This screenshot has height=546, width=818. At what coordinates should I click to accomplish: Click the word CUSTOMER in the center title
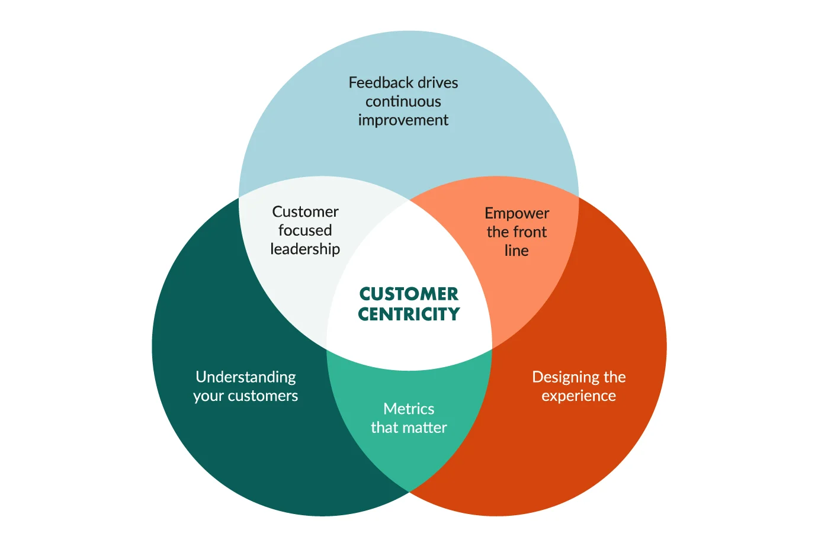tap(409, 294)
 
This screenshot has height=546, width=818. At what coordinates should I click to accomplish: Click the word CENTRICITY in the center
tap(409, 314)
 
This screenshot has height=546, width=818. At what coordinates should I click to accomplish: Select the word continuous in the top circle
tap(403, 102)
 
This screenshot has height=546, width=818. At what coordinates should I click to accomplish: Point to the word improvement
tap(403, 120)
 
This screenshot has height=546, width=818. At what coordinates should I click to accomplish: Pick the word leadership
tap(305, 249)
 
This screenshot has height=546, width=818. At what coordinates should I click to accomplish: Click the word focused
tap(305, 230)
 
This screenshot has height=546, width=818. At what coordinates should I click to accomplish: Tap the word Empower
tap(517, 213)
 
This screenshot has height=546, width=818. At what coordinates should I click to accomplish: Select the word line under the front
tap(517, 251)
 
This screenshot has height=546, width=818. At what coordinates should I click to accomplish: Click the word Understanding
tap(246, 377)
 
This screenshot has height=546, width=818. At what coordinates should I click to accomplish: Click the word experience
tap(579, 396)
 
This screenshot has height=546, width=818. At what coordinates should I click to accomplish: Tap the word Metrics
tap(409, 409)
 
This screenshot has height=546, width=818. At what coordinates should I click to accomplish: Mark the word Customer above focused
tap(305, 212)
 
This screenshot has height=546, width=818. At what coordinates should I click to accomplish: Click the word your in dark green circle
tap(208, 396)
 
